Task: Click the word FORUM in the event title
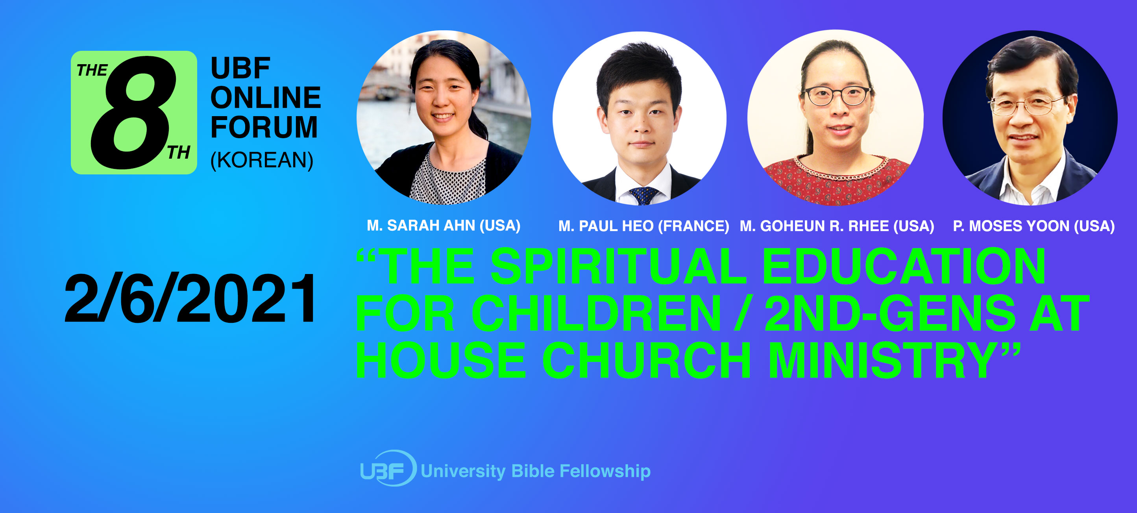click(264, 128)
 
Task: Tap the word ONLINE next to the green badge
click(266, 98)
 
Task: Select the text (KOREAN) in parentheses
click(262, 160)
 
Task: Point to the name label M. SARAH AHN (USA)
click(444, 226)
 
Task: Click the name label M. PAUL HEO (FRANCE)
click(643, 226)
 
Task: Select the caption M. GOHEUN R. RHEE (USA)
click(837, 226)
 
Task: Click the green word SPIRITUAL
click(618, 266)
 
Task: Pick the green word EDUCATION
click(904, 266)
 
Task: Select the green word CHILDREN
click(596, 313)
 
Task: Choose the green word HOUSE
click(441, 360)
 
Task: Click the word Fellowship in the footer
click(605, 471)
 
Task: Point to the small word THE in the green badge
click(92, 70)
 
